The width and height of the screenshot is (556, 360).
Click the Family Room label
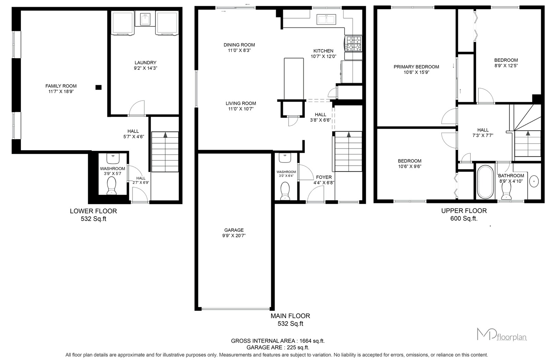pyautogui.click(x=61, y=86)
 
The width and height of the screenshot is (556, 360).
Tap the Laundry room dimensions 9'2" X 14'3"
pyautogui.click(x=146, y=68)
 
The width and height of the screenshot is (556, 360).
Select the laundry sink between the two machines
pyautogui.click(x=145, y=19)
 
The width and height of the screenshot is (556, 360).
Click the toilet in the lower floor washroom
pyautogui.click(x=112, y=186)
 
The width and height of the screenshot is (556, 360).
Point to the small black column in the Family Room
pyautogui.click(x=99, y=87)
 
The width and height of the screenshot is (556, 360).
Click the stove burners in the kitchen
pyautogui.click(x=354, y=44)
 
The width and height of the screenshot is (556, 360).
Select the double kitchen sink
pyautogui.click(x=326, y=19)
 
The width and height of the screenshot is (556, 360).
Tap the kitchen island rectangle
pyautogui.click(x=294, y=79)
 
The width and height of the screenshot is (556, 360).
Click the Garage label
pyautogui.click(x=234, y=230)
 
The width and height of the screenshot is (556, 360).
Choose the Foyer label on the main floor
pyautogui.click(x=324, y=177)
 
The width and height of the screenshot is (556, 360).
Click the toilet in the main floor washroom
pyautogui.click(x=285, y=191)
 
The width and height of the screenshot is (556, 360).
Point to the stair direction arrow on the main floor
pyautogui.click(x=348, y=135)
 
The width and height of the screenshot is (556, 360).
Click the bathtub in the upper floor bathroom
pyautogui.click(x=486, y=182)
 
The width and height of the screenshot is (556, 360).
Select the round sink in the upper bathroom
pyautogui.click(x=534, y=181)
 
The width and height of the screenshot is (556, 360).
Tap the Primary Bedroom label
pyautogui.click(x=416, y=67)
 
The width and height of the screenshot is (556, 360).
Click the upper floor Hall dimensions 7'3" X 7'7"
pyautogui.click(x=483, y=135)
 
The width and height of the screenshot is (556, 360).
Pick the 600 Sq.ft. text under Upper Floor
pyautogui.click(x=464, y=218)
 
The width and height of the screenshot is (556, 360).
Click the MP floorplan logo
pyautogui.click(x=502, y=335)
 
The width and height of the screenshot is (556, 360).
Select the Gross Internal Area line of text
pyautogui.click(x=278, y=341)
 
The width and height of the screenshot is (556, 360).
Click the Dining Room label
pyautogui.click(x=239, y=45)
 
